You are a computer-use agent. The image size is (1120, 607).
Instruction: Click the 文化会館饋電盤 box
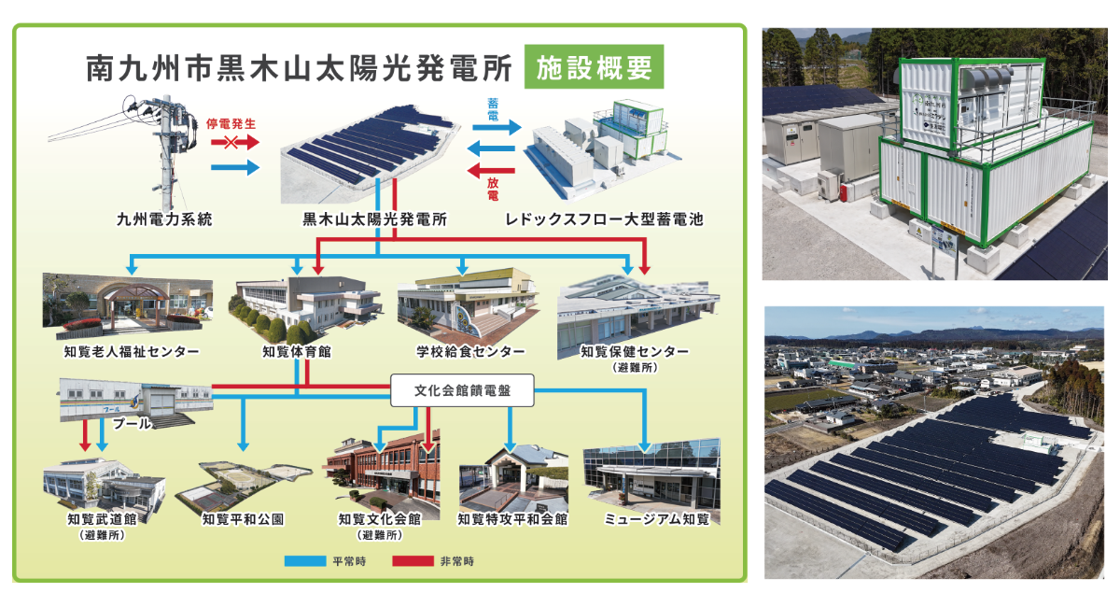(462, 391)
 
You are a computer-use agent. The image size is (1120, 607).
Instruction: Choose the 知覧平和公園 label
(243, 518)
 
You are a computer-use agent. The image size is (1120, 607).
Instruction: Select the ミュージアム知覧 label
(656, 518)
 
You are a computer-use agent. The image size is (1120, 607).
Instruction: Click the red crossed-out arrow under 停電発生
(231, 143)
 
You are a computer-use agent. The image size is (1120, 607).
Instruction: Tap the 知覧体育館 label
(297, 352)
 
